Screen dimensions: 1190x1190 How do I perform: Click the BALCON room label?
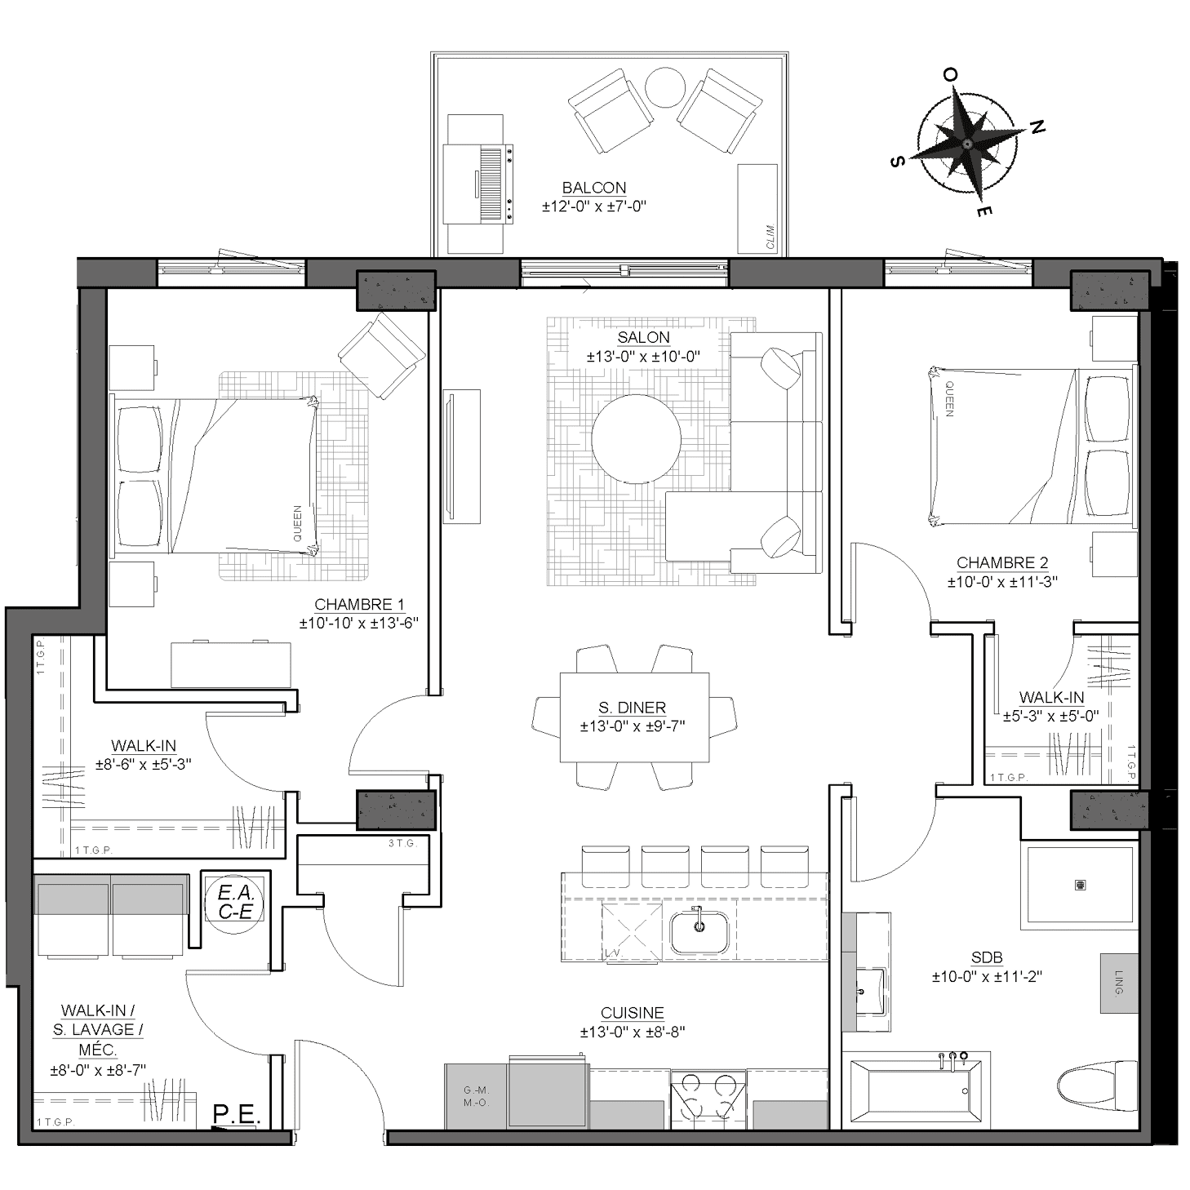[593, 187]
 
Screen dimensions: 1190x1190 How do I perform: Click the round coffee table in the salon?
[636, 439]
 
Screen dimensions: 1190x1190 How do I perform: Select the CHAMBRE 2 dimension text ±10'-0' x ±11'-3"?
[1002, 582]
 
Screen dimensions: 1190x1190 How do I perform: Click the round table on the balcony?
[664, 87]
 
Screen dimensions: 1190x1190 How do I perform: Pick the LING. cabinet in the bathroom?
[1118, 1000]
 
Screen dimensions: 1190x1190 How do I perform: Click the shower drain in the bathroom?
[1080, 884]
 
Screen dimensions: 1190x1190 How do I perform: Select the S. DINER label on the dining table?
[632, 707]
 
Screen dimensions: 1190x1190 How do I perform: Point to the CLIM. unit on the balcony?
[757, 208]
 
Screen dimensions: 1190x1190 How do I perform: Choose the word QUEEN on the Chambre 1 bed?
[298, 524]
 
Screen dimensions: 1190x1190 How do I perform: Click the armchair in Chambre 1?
[382, 355]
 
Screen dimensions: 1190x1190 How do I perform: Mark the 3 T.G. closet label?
[402, 842]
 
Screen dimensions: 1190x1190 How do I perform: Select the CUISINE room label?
[632, 1012]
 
